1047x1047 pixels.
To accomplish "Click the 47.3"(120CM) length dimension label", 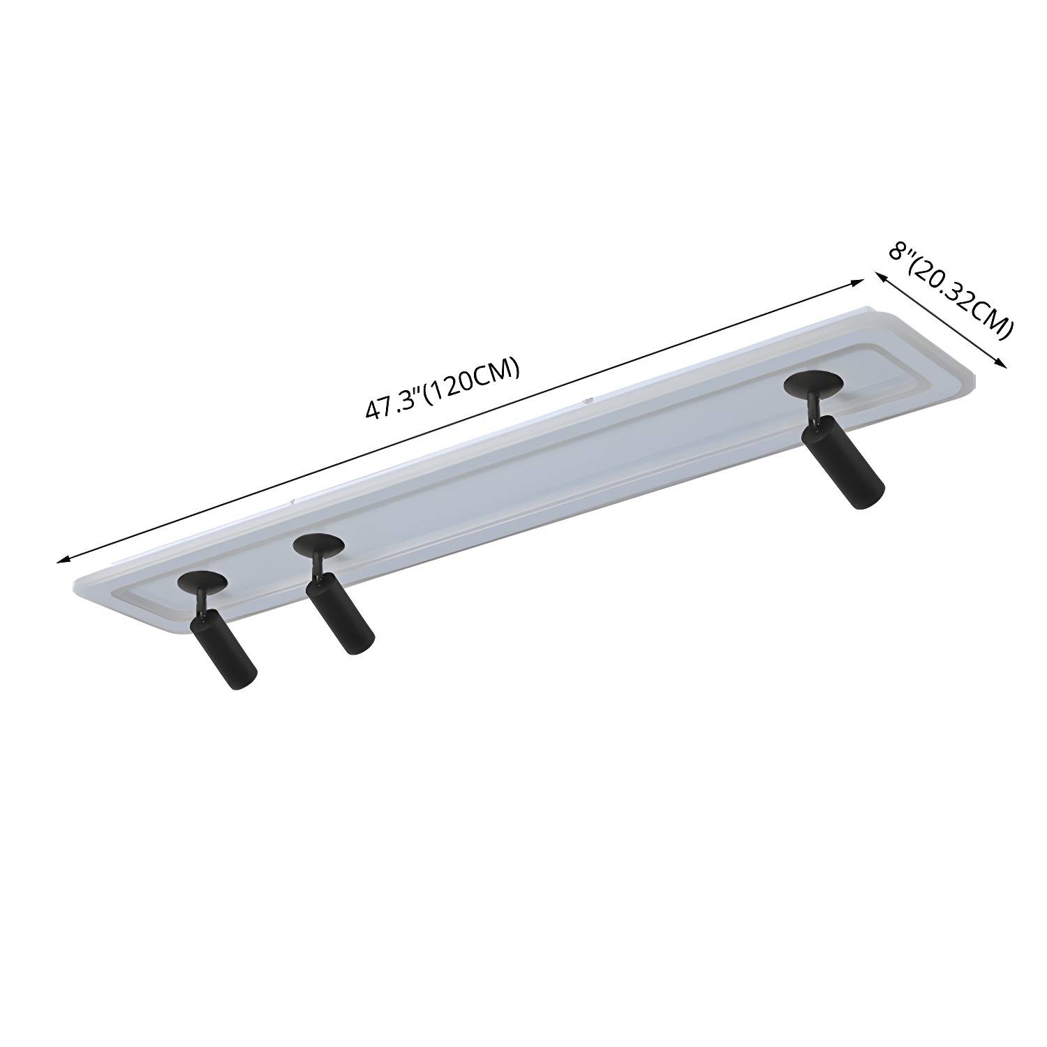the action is coord(443,389).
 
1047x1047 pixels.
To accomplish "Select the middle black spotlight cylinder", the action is coord(341,616).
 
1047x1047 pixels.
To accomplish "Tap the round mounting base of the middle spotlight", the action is coord(318,546).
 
